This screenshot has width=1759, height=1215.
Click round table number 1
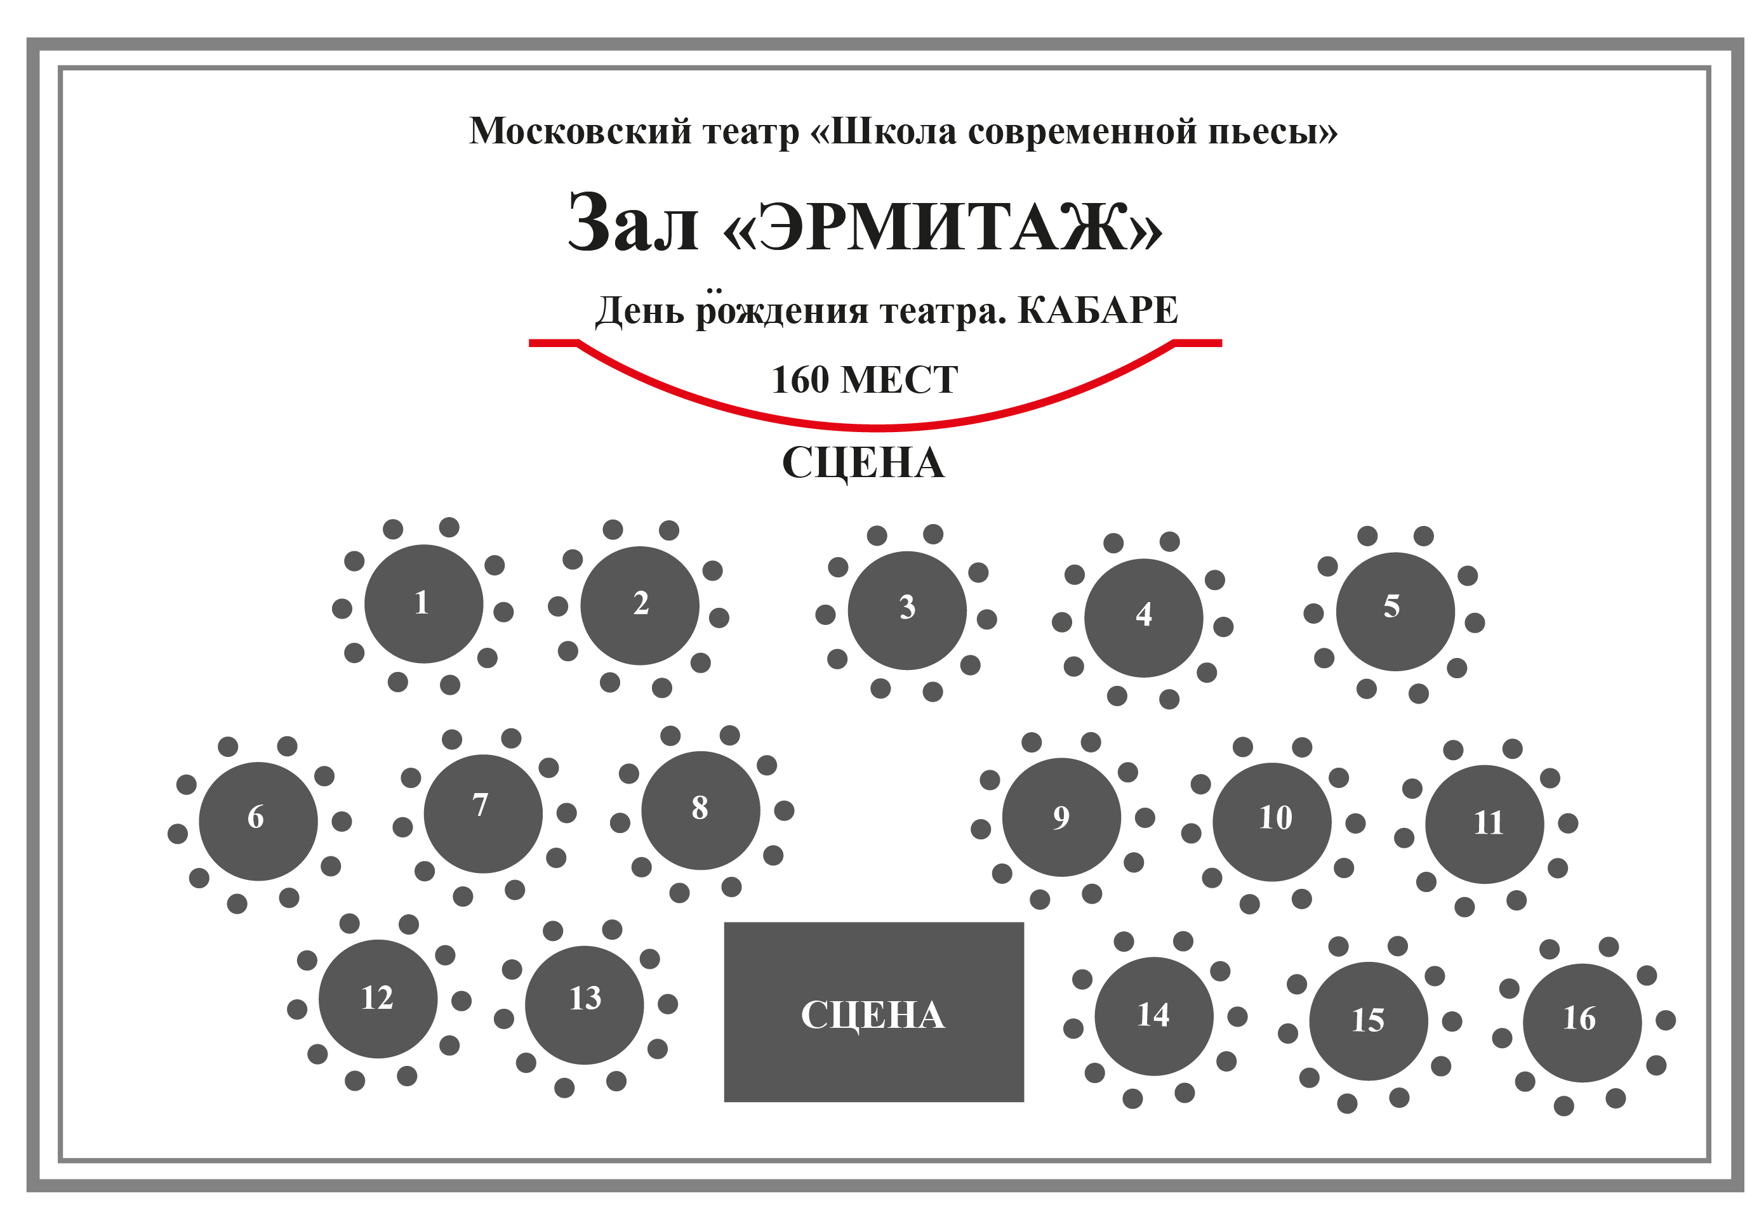[423, 604]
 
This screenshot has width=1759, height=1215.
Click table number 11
[1484, 824]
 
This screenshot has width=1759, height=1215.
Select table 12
[378, 999]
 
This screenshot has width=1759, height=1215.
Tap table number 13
[584, 1005]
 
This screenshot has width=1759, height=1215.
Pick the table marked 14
[1153, 1016]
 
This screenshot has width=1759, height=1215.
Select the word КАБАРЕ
[1096, 310]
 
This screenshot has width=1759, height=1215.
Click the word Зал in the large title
[632, 224]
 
